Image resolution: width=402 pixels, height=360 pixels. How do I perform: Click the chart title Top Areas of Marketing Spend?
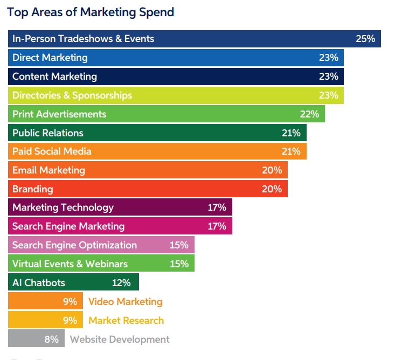[91, 12]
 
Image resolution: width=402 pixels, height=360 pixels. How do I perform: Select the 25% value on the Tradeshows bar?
[365, 39]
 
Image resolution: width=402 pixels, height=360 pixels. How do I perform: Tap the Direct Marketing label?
[50, 58]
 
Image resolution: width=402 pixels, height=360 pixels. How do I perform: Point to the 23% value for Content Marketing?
[328, 77]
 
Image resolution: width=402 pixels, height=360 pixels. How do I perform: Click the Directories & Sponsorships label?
[72, 95]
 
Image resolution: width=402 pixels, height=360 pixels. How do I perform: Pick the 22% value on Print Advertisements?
[309, 114]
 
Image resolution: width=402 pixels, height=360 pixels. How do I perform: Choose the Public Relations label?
[48, 133]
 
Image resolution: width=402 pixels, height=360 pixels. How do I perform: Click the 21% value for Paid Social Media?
[291, 151]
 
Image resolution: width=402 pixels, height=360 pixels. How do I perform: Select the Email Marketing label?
[48, 170]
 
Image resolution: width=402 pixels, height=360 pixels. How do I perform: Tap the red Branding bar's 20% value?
[272, 189]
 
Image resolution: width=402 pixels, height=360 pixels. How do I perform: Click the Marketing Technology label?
[63, 207]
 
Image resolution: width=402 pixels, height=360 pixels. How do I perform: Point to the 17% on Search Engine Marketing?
[217, 226]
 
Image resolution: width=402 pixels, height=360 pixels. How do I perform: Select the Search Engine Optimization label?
[74, 245]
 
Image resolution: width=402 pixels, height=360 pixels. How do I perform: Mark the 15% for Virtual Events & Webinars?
[179, 264]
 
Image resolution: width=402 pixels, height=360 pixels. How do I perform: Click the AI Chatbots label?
[38, 283]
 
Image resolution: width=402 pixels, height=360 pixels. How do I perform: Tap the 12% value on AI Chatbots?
[121, 283]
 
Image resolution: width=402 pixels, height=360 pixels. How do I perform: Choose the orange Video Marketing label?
[125, 302]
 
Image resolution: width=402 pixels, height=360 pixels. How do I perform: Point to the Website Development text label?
[120, 340]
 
